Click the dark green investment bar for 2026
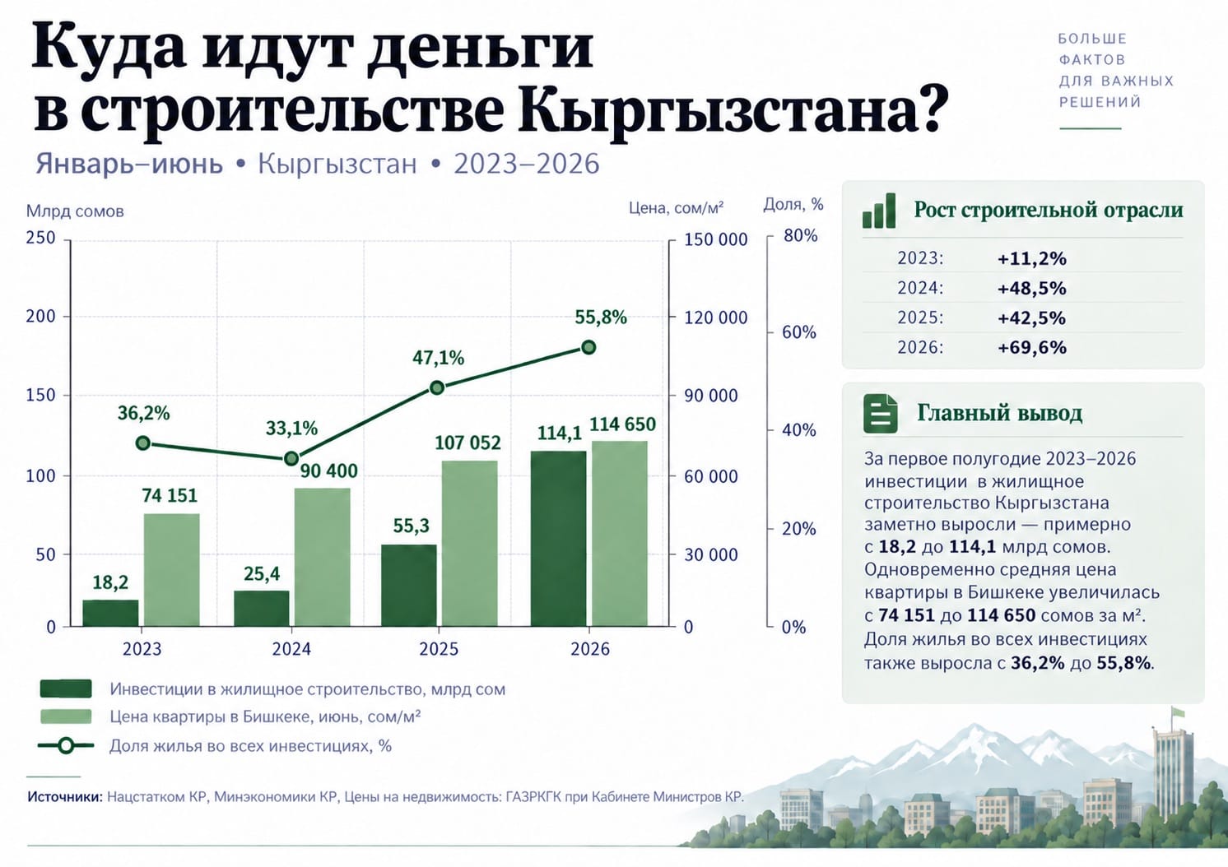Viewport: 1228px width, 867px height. click(558, 538)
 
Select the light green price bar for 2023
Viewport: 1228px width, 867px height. click(171, 569)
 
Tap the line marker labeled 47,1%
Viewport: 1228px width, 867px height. click(437, 387)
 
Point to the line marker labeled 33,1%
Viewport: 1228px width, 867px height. click(291, 458)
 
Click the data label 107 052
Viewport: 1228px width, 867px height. click(467, 443)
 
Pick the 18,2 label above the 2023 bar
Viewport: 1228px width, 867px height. click(110, 582)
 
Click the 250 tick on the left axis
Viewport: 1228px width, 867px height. click(41, 238)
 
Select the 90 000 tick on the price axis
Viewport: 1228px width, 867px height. click(711, 396)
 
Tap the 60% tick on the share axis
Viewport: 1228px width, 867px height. click(800, 332)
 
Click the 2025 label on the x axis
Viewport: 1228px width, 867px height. click(439, 649)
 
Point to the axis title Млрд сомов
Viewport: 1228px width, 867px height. click(75, 211)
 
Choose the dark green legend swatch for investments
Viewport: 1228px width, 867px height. click(66, 688)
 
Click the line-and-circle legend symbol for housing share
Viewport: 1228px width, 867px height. click(66, 745)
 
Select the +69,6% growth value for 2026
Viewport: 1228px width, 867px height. click(1032, 347)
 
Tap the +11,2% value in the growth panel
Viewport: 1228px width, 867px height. click(1032, 258)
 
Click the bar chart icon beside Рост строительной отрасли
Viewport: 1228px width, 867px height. click(879, 211)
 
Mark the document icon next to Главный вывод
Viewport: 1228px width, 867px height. click(881, 413)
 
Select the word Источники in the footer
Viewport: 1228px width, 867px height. click(65, 796)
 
